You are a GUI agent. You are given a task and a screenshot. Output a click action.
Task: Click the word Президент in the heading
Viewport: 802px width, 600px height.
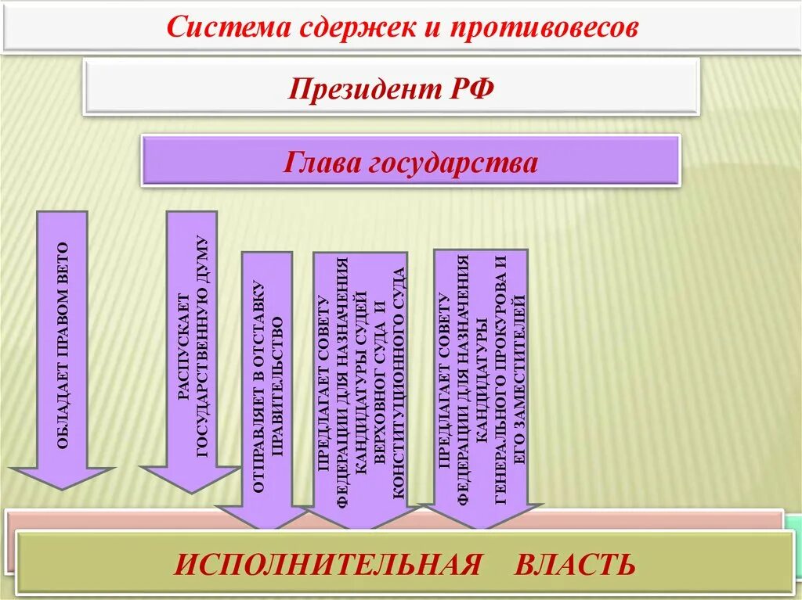[355, 88]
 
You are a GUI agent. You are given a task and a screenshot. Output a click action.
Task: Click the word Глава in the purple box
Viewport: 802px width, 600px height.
[322, 163]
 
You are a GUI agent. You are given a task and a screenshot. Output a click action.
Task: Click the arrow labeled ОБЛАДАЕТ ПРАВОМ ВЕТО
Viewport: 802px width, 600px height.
[63, 344]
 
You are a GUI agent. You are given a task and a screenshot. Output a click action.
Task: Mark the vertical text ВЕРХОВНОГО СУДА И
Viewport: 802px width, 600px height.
[381, 383]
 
